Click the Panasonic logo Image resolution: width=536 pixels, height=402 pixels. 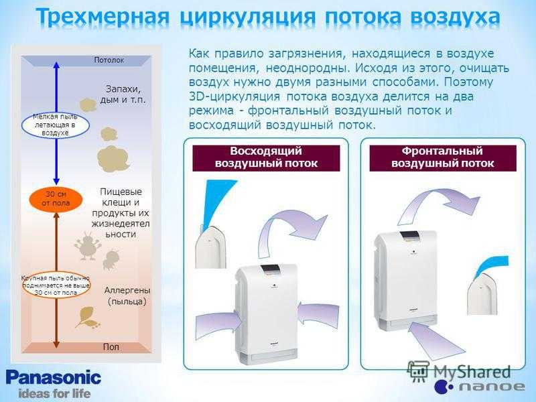tap(54, 378)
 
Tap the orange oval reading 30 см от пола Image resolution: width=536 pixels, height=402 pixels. tap(56, 199)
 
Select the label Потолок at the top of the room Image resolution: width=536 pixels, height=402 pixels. tap(109, 60)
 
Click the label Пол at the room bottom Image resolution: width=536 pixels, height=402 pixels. tap(111, 346)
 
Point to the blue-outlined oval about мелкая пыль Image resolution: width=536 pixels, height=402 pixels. tap(56, 125)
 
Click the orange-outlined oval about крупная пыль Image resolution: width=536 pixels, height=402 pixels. tap(56, 285)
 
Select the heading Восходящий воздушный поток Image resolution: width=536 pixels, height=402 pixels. tap(266, 157)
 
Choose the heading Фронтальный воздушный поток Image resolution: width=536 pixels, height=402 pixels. tap(443, 157)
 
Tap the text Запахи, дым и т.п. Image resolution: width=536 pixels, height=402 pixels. tap(123, 94)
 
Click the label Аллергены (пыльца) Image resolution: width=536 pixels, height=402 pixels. tap(127, 296)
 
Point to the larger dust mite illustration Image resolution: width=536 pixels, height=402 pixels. tap(87, 245)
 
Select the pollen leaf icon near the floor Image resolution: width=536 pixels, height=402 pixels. tap(88, 318)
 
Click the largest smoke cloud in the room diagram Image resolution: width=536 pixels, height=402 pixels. tap(113, 159)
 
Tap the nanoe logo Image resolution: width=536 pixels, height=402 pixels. tap(479, 387)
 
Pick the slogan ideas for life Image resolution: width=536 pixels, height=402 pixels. tap(54, 393)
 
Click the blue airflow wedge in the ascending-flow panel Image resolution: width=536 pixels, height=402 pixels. tap(219, 202)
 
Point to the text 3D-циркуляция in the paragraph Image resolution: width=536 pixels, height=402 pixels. tap(234, 96)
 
